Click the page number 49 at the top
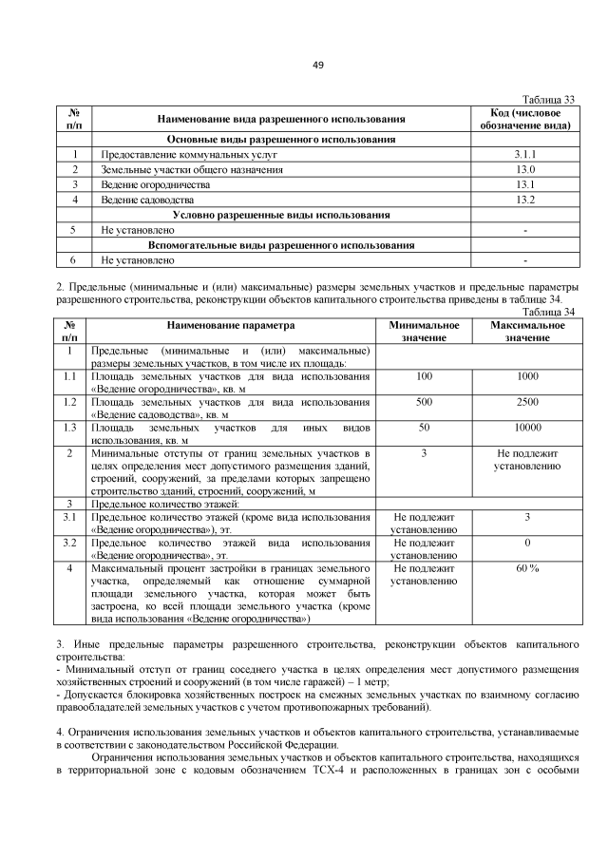pyautogui.click(x=318, y=65)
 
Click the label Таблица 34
pyautogui.click(x=550, y=312)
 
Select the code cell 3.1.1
pyautogui.click(x=525, y=153)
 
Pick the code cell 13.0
pyautogui.click(x=525, y=169)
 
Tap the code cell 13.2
pyautogui.click(x=525, y=201)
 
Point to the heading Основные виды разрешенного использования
pyautogui.click(x=281, y=139)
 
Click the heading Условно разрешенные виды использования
pyautogui.click(x=281, y=215)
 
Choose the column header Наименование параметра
pyautogui.click(x=233, y=325)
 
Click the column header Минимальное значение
pyautogui.click(x=424, y=332)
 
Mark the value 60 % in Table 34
pyautogui.click(x=527, y=567)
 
